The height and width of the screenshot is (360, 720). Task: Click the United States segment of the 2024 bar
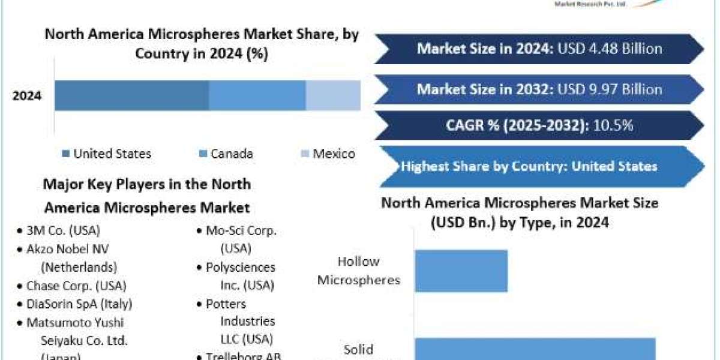(x=132, y=95)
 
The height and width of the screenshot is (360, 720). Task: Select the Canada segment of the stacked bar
(x=257, y=95)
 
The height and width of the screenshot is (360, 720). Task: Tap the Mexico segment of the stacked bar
(x=333, y=95)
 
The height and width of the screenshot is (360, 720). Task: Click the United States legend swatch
(x=65, y=154)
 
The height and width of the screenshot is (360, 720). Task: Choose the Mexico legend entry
(x=327, y=154)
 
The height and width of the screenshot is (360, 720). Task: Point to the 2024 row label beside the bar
(x=27, y=95)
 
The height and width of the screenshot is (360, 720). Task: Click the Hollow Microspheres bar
(x=461, y=271)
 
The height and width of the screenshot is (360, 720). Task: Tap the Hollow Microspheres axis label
(x=358, y=271)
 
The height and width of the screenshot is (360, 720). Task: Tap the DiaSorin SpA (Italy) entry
(x=79, y=304)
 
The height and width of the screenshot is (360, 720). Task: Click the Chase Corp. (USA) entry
(x=76, y=286)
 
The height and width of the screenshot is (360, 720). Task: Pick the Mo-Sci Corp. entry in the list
(x=245, y=230)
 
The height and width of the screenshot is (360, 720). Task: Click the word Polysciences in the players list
(x=240, y=267)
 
